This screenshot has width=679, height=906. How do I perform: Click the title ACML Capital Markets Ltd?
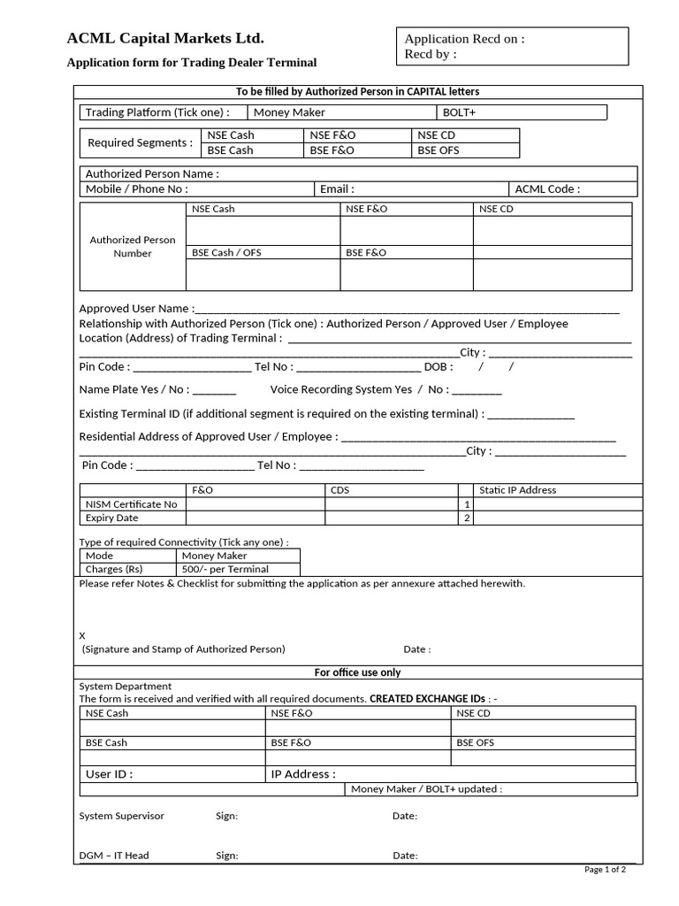click(165, 38)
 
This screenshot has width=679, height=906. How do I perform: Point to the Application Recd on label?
click(464, 39)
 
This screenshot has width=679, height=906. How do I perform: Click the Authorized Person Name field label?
click(152, 173)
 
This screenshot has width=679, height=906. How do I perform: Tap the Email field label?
click(337, 188)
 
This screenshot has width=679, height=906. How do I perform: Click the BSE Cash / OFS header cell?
click(226, 252)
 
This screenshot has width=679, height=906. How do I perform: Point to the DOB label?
click(439, 366)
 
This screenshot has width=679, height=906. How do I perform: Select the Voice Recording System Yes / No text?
click(359, 389)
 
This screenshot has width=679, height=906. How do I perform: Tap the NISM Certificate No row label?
click(131, 504)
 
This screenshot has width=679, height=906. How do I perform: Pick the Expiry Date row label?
click(111, 518)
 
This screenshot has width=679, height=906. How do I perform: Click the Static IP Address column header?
click(517, 490)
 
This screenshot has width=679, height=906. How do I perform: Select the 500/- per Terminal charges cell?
click(225, 569)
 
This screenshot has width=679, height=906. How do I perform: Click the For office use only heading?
click(357, 672)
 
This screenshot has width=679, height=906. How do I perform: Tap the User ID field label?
click(110, 774)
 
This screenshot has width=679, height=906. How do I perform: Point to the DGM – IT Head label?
click(114, 856)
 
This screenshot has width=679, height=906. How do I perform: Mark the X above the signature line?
click(83, 634)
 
